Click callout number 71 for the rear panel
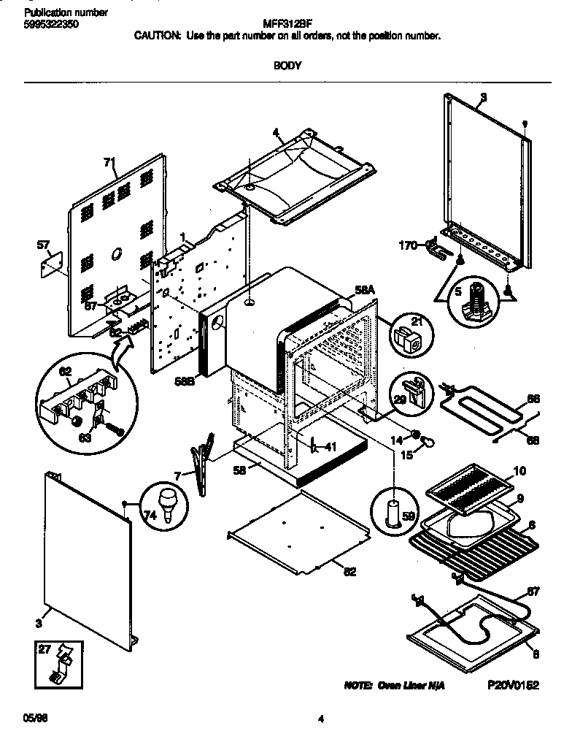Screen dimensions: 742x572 [109, 161]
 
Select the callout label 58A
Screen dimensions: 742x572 [364, 290]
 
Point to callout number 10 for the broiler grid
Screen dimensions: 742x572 [519, 471]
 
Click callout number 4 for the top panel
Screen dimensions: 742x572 [276, 133]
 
